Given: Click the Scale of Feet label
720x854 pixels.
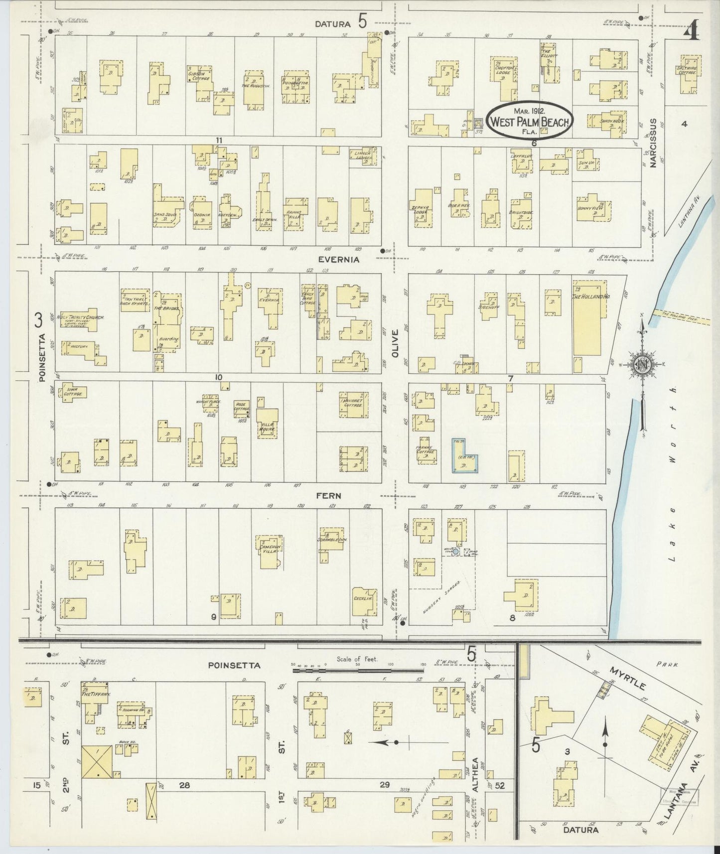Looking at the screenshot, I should click(357, 659).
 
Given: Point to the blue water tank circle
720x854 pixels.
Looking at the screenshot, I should click(455, 552).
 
